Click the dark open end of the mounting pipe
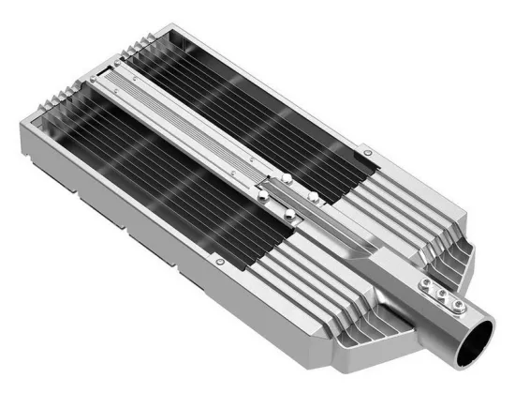[480, 335]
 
